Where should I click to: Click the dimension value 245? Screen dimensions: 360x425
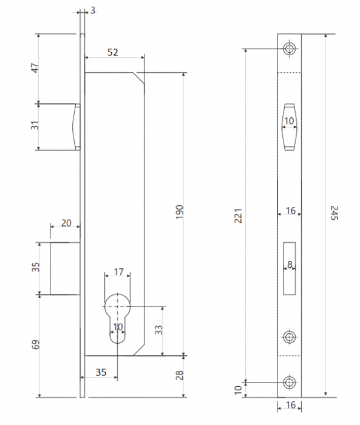point(335,212)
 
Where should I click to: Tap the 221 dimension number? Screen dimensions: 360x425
point(238,216)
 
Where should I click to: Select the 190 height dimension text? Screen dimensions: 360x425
point(180,212)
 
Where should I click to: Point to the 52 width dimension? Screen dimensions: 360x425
point(113,52)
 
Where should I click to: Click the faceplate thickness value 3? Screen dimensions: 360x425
point(93,10)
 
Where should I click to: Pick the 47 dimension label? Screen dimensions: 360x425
point(35,68)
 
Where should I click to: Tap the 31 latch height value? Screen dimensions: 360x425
point(35,126)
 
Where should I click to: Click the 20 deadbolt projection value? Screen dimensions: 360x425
point(66,223)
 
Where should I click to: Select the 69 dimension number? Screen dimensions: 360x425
point(35,344)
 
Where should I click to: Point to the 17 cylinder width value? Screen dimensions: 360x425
point(118,271)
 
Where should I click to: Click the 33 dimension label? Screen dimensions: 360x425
point(158,330)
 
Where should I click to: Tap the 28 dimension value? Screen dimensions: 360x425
point(180,375)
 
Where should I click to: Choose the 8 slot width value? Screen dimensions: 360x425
point(290,264)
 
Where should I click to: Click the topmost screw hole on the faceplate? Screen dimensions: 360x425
point(290,49)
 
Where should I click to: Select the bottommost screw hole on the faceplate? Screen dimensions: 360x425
point(290,382)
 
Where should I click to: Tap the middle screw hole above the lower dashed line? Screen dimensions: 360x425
point(290,337)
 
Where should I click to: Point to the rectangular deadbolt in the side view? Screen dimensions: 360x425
point(65,268)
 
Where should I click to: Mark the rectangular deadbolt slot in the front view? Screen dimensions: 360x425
point(290,268)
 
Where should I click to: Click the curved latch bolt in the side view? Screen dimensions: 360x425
point(76,127)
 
